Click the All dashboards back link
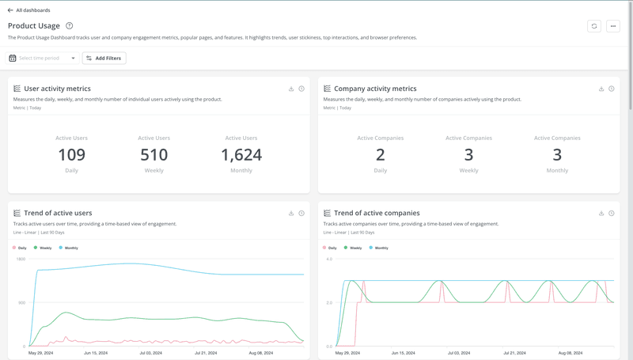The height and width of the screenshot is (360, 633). pyautogui.click(x=29, y=10)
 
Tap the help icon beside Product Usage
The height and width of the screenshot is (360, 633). pyautogui.click(x=70, y=26)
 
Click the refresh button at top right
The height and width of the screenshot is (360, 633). pyautogui.click(x=594, y=26)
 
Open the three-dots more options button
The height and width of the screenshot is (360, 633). pyautogui.click(x=613, y=26)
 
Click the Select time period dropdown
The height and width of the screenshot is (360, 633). pyautogui.click(x=43, y=58)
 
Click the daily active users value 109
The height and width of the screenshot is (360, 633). pyautogui.click(x=71, y=155)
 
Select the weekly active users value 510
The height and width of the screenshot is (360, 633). pyautogui.click(x=154, y=155)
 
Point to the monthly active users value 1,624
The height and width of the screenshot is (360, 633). pyautogui.click(x=241, y=155)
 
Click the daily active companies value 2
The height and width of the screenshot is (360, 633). pyautogui.click(x=381, y=155)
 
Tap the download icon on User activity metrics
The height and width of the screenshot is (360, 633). pyautogui.click(x=291, y=89)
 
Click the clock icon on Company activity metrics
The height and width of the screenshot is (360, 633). pyautogui.click(x=612, y=89)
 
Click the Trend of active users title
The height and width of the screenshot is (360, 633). pyautogui.click(x=58, y=213)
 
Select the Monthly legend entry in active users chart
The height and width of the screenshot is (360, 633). pyautogui.click(x=69, y=248)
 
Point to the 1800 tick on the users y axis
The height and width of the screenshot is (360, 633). pyautogui.click(x=21, y=260)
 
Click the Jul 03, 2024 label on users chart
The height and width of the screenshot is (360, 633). pyautogui.click(x=150, y=353)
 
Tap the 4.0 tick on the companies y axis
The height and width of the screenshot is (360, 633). pyautogui.click(x=329, y=260)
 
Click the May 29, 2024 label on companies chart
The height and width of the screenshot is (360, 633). pyautogui.click(x=347, y=353)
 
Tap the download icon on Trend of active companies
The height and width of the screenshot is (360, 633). pyautogui.click(x=601, y=213)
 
